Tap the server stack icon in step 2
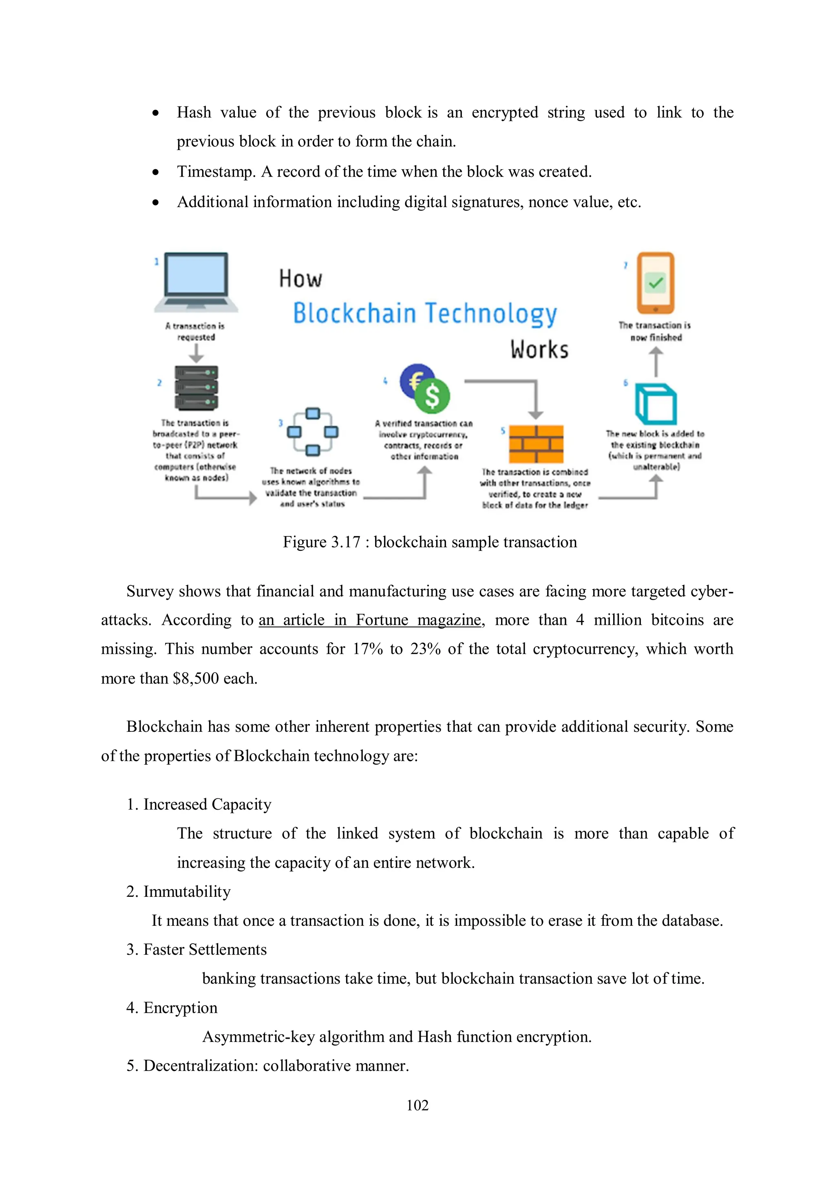pyautogui.click(x=196, y=388)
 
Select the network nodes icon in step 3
pyautogui.click(x=312, y=432)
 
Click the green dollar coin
pyautogui.click(x=433, y=396)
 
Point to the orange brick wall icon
pyautogui.click(x=536, y=444)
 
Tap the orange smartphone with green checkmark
pyautogui.click(x=656, y=283)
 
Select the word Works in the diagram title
pyautogui.click(x=539, y=350)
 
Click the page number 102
pyautogui.click(x=417, y=1105)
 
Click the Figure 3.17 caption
pyautogui.click(x=430, y=542)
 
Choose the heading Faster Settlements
pyautogui.click(x=205, y=949)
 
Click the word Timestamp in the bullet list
pyautogui.click(x=216, y=172)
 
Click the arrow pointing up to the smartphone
pyautogui.click(x=656, y=362)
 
